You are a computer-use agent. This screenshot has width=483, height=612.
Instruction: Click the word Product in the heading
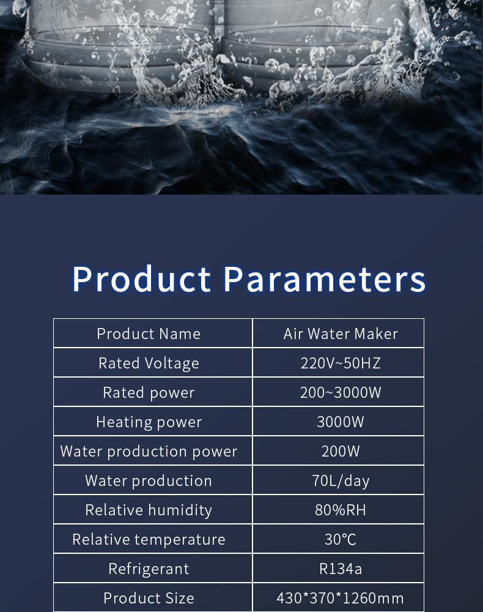point(142,278)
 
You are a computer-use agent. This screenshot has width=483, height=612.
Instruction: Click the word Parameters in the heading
point(324,278)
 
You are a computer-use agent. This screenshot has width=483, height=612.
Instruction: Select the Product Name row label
point(149,334)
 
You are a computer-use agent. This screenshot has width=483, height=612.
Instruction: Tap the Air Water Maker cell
point(341,334)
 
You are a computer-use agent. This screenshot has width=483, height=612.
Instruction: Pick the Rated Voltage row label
point(149,364)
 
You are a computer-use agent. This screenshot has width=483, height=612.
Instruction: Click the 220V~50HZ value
point(341,363)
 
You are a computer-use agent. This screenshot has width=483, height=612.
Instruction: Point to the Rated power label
point(149,393)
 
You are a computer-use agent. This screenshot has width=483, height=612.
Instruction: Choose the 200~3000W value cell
point(341,392)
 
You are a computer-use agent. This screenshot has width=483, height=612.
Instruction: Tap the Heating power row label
point(149,422)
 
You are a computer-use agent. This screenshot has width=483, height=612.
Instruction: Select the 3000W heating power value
point(341,422)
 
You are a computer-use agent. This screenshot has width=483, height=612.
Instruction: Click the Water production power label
point(149,452)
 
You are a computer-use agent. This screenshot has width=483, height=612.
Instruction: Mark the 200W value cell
point(341,451)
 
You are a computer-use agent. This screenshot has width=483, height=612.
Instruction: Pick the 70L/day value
point(341,481)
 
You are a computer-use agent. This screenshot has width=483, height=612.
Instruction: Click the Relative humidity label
point(149,510)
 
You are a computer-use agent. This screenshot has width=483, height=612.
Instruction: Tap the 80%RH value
point(341,510)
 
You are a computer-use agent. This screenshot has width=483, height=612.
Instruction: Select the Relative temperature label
point(149,539)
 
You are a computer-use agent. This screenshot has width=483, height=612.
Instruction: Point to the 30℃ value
point(341,539)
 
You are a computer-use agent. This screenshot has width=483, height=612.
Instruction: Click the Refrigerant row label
point(149,569)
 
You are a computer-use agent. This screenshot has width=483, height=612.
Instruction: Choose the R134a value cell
point(341,569)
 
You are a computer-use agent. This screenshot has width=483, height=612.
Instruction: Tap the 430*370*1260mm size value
point(341,598)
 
